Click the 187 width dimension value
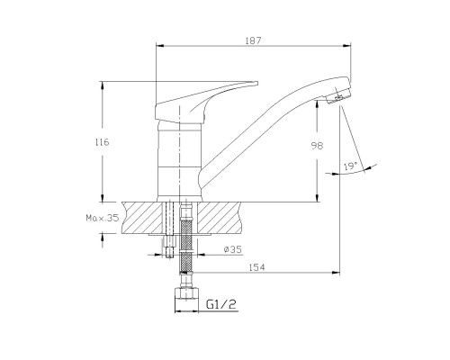pyautogui.click(x=254, y=40)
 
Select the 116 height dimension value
pyautogui.click(x=103, y=142)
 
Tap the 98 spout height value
pyautogui.click(x=317, y=146)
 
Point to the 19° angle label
pyautogui.click(x=350, y=166)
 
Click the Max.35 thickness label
pyautogui.click(x=103, y=218)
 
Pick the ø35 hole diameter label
pyautogui.click(x=233, y=249)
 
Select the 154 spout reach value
pyautogui.click(x=257, y=267)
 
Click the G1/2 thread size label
pyautogui.click(x=221, y=304)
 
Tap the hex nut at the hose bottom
pyautogui.click(x=186, y=293)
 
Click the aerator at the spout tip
pyautogui.click(x=339, y=97)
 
